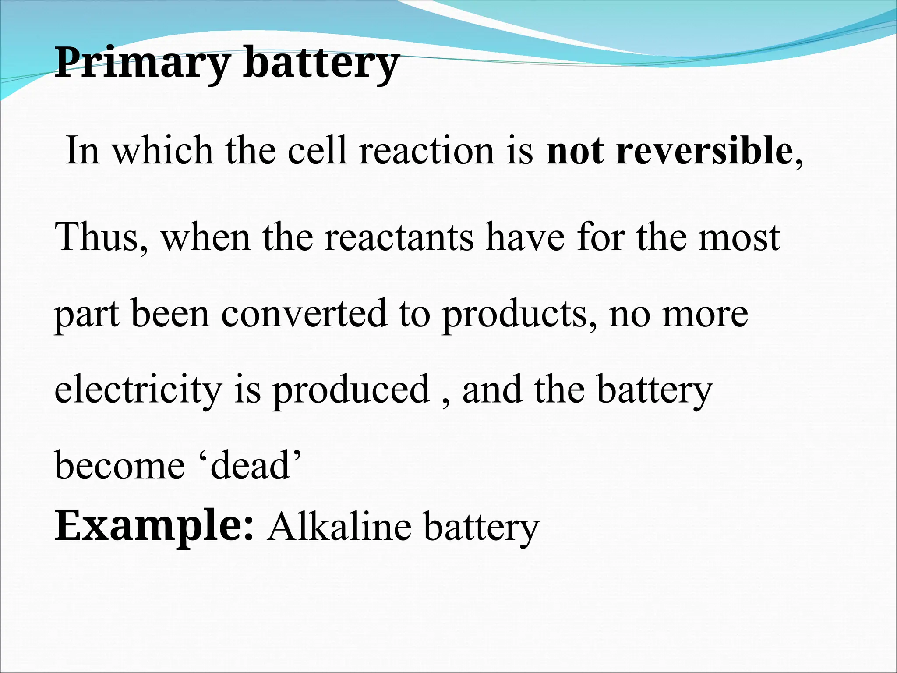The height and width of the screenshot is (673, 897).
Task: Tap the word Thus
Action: tap(100, 237)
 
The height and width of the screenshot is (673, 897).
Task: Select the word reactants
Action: tap(399, 238)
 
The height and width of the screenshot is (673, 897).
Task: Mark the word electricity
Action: tap(138, 390)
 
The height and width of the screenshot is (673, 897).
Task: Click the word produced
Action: tap(351, 390)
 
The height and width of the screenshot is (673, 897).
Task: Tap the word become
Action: tap(120, 466)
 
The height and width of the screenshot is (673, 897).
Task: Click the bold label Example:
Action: tap(154, 526)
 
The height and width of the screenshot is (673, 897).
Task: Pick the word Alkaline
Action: tap(340, 526)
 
